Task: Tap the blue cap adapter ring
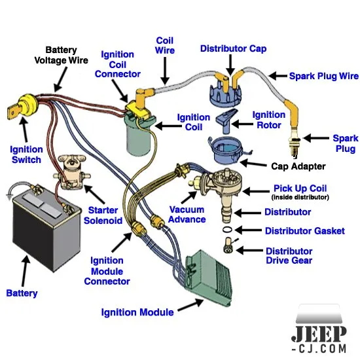click(x=227, y=150)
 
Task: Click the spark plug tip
click(x=295, y=156)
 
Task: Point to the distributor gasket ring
click(x=227, y=230)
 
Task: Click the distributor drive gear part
click(x=228, y=245)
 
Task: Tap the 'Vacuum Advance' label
click(x=187, y=215)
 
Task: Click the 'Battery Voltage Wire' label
click(x=62, y=55)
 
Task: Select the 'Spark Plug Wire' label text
click(x=324, y=76)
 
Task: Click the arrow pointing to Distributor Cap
click(x=230, y=65)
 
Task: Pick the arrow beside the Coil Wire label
click(x=165, y=71)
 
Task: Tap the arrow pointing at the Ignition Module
click(x=190, y=305)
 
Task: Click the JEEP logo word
click(x=319, y=334)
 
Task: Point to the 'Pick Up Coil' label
click(x=300, y=189)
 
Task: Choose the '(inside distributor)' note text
click(x=300, y=197)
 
